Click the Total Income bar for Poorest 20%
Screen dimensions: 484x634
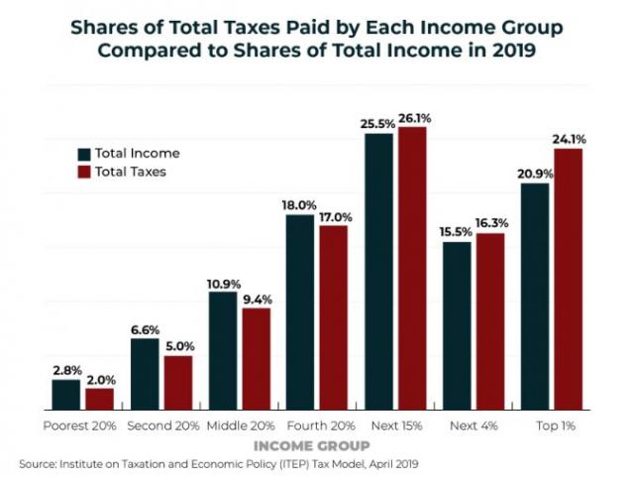[66, 395]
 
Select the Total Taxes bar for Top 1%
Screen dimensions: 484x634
[568, 280]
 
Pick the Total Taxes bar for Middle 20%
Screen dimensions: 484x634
[256, 359]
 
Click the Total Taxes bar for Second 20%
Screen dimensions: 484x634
[177, 383]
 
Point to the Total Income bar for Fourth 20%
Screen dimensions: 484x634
[301, 312]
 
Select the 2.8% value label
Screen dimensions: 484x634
[66, 370]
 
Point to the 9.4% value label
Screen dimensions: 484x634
[256, 299]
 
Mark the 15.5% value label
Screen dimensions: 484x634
[457, 232]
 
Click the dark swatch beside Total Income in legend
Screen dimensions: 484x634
[84, 154]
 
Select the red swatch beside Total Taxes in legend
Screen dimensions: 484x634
[84, 172]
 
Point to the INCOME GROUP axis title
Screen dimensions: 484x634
[317, 444]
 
